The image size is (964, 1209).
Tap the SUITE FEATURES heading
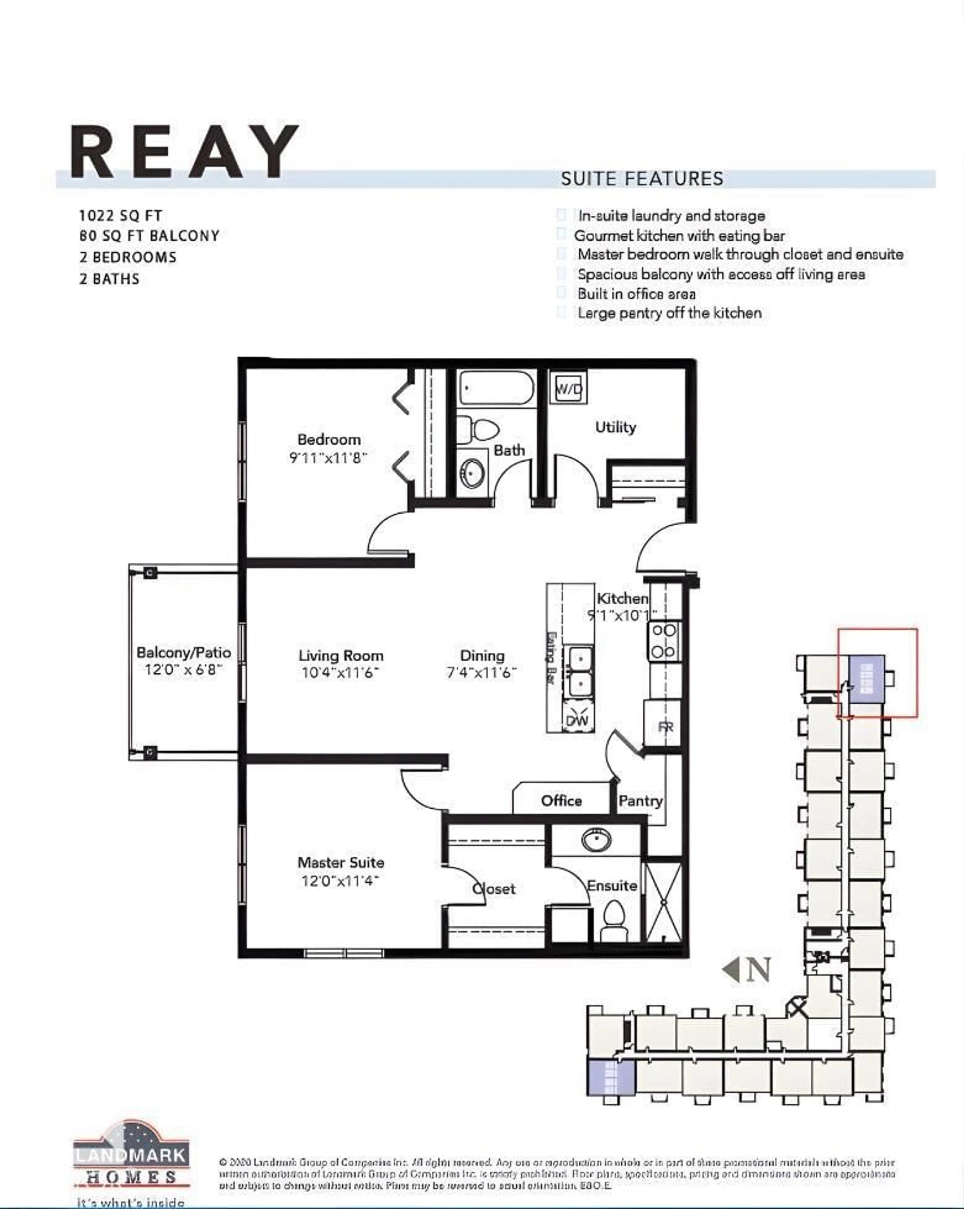[x=642, y=179]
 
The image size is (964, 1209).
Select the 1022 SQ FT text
[x=120, y=215]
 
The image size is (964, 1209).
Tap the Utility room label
[x=615, y=427]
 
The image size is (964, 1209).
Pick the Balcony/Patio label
[x=184, y=653]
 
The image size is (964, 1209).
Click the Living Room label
[x=341, y=655]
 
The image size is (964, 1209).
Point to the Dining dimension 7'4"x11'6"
[x=481, y=672]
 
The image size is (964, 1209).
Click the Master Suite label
[x=341, y=862]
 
